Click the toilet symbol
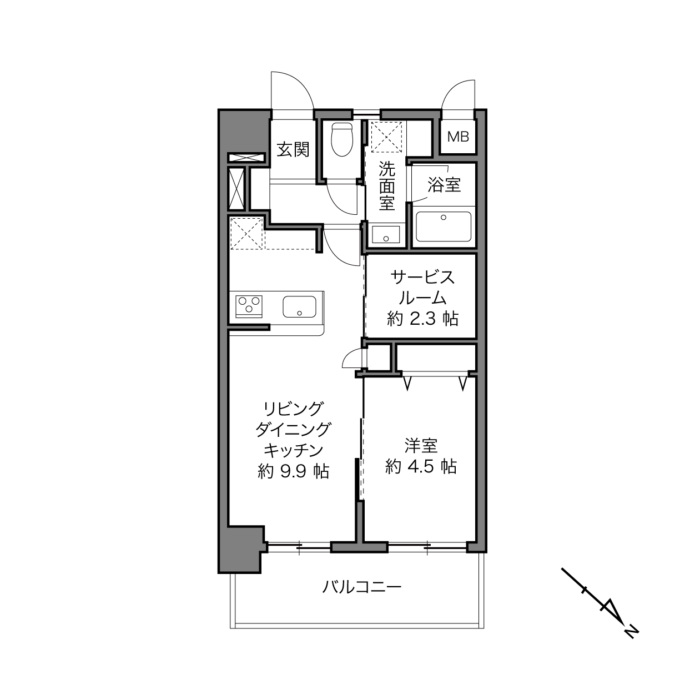click(x=341, y=139)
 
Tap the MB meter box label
click(x=458, y=137)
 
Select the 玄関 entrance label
click(x=293, y=149)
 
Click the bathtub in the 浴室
click(x=443, y=226)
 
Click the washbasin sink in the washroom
click(x=386, y=234)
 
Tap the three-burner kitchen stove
click(x=249, y=306)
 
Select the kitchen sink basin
click(x=299, y=306)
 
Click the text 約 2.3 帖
click(x=422, y=319)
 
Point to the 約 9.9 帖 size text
click(x=294, y=471)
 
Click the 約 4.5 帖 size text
click(x=421, y=467)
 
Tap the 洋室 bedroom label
click(x=421, y=446)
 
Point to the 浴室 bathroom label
click(x=444, y=185)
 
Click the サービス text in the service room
click(x=422, y=278)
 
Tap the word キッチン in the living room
click(x=293, y=450)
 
